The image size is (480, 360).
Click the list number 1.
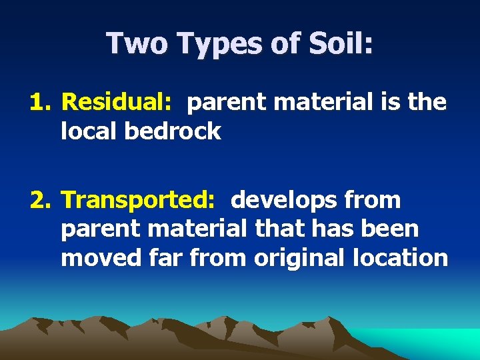point(39,102)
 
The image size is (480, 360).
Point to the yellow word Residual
point(117,102)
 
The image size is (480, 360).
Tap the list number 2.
point(39,199)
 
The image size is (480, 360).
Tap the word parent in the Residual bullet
point(227,102)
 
